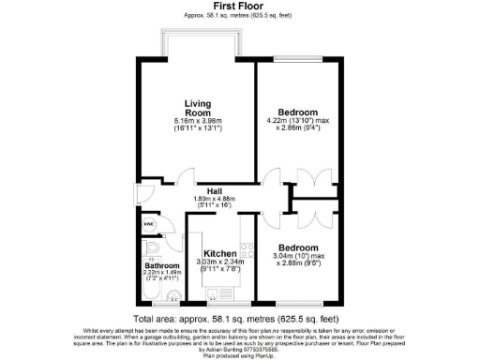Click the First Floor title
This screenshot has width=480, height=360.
tap(240, 7)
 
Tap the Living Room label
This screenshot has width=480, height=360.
tap(195, 108)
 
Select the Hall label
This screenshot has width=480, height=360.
tap(216, 189)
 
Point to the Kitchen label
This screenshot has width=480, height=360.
tap(219, 254)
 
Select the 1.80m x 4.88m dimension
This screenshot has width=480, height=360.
tap(216, 199)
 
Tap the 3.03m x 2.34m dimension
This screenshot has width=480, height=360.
tap(219, 262)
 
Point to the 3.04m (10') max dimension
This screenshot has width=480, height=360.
tap(298, 256)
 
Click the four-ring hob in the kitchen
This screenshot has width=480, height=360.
tap(248, 250)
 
